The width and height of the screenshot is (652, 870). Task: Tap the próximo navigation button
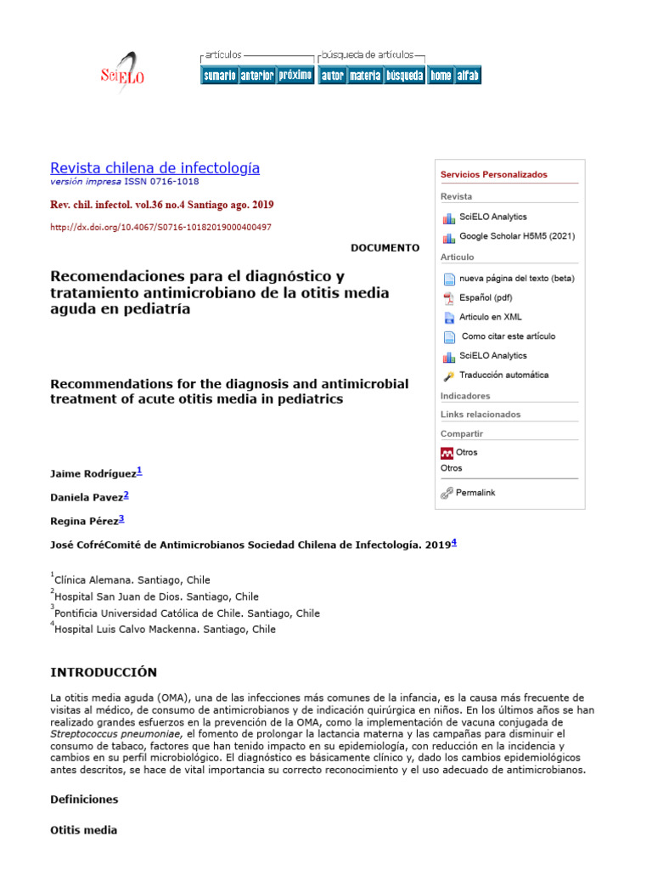[x=295, y=76]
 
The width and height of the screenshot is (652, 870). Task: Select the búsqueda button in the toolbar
[x=404, y=76]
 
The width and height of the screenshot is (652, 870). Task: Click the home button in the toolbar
[x=441, y=76]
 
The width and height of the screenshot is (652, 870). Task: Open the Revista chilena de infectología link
[x=155, y=167]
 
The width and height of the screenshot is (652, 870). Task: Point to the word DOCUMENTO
[x=385, y=248]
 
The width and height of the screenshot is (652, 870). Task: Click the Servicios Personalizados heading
[x=493, y=174]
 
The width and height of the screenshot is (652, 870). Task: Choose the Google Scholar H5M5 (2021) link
[x=516, y=236]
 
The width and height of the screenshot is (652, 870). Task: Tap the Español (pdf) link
[x=486, y=298]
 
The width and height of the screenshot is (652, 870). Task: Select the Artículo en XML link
[x=491, y=317]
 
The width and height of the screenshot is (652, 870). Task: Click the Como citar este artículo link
[x=508, y=336]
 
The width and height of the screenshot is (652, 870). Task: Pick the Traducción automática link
[x=503, y=375]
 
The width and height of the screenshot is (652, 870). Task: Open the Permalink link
[x=475, y=493]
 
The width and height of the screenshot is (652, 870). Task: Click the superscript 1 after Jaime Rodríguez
[x=140, y=471]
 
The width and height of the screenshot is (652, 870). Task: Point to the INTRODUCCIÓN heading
[x=104, y=672]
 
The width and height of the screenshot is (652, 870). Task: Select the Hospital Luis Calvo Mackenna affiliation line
[x=165, y=630]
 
